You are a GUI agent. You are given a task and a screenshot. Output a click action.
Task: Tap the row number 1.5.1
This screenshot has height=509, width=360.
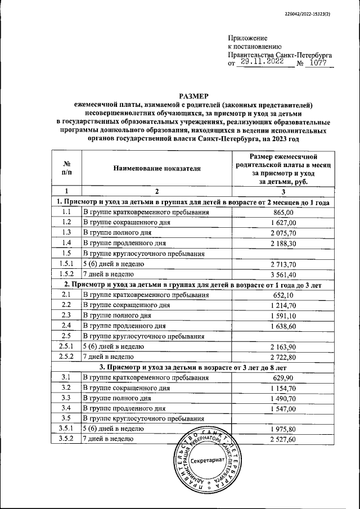pyautogui.click(x=66, y=264)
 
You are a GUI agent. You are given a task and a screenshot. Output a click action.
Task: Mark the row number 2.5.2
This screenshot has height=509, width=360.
pyautogui.click(x=66, y=357)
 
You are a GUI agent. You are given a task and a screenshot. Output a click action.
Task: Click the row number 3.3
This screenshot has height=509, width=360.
pyautogui.click(x=66, y=398)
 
